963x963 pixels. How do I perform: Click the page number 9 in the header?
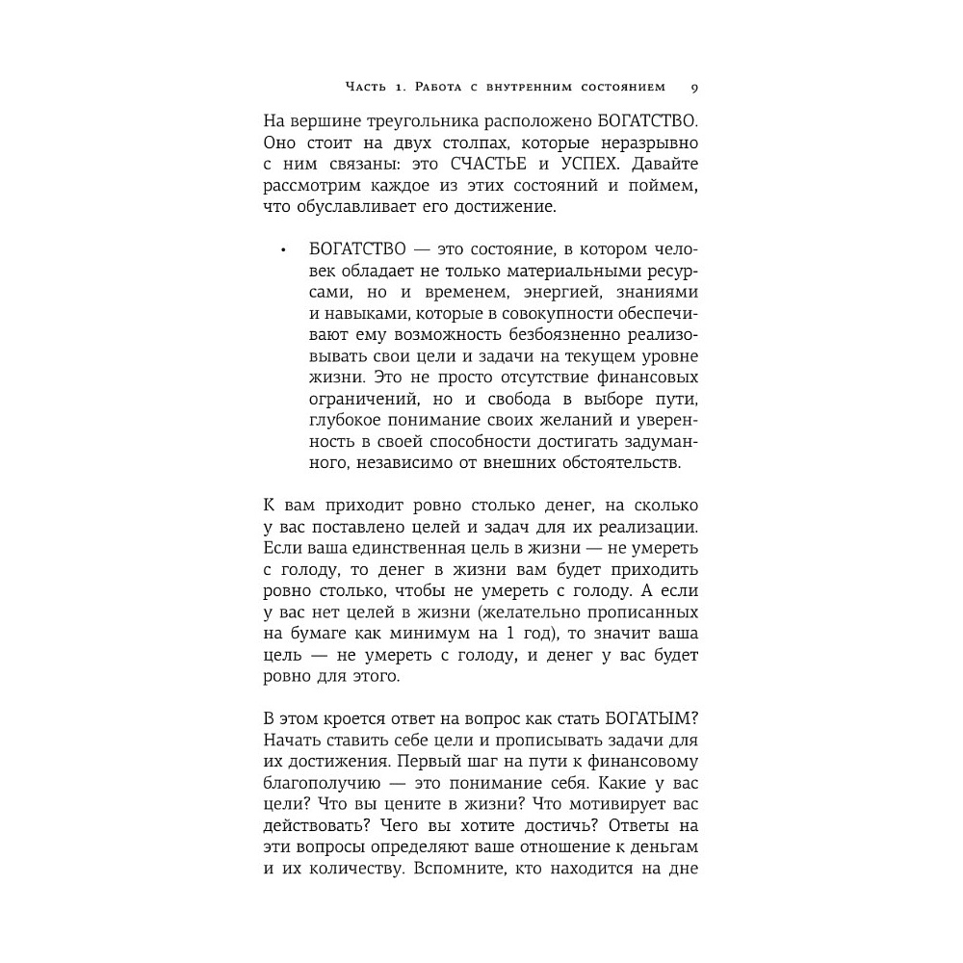pyautogui.click(x=694, y=88)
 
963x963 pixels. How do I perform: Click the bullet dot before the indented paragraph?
pyautogui.click(x=283, y=252)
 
